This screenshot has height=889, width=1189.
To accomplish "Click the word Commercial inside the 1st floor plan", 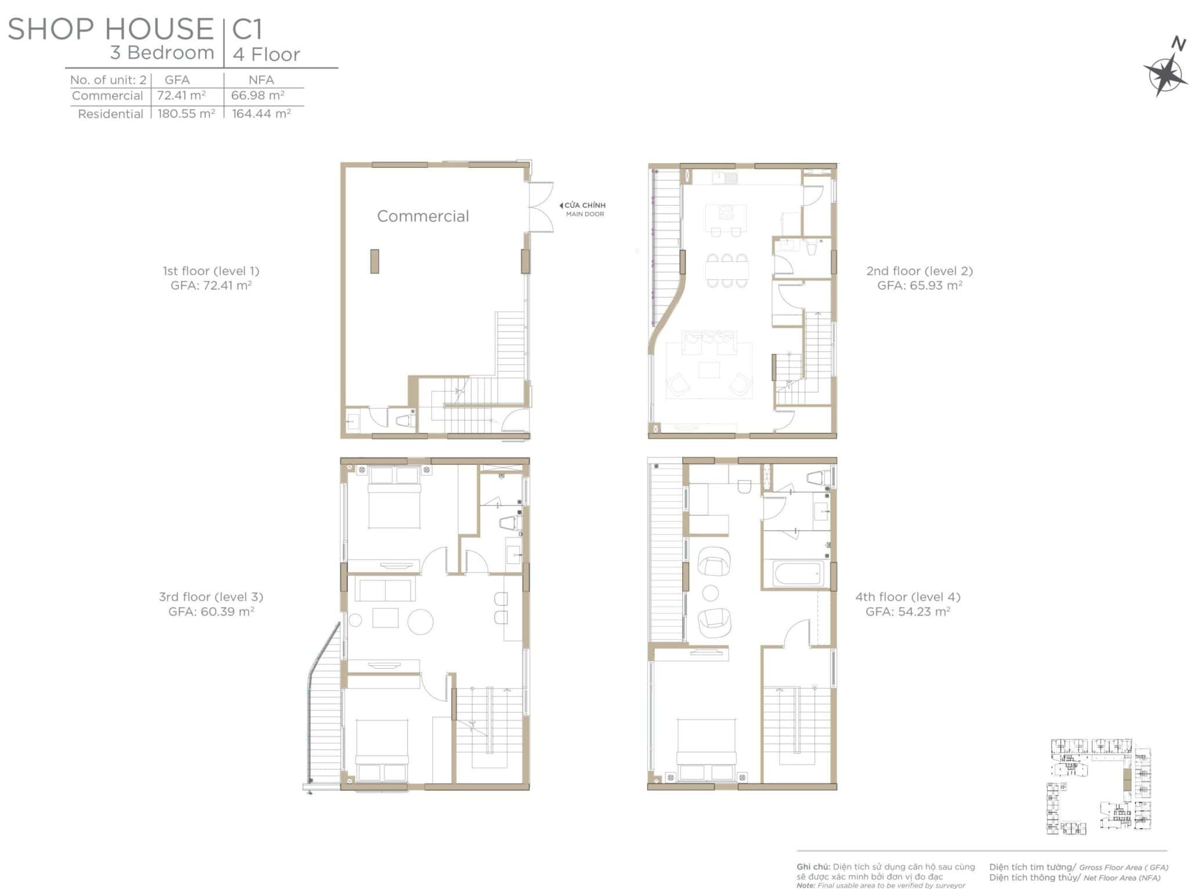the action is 423,216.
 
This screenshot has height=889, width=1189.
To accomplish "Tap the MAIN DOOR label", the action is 585,214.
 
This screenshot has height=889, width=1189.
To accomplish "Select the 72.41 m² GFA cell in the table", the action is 182,95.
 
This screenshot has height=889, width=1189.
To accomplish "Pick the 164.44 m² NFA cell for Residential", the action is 261,113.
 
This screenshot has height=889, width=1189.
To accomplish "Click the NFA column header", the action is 261,80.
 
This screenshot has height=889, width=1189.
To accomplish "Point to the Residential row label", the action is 110,114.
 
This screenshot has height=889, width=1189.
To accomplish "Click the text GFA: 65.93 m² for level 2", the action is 920,285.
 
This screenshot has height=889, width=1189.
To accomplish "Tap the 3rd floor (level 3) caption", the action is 211,597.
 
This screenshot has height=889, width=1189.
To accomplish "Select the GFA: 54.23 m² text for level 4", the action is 908,611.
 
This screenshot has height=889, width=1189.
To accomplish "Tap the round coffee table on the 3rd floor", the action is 420,622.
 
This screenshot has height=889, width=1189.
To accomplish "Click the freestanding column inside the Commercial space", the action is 374,261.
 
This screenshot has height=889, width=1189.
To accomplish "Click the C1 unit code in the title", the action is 248,29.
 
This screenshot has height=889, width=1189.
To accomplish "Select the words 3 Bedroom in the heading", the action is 163,53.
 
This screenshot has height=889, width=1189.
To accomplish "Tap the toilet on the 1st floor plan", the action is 404,420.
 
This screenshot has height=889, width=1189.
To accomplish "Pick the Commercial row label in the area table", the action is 107,95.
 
